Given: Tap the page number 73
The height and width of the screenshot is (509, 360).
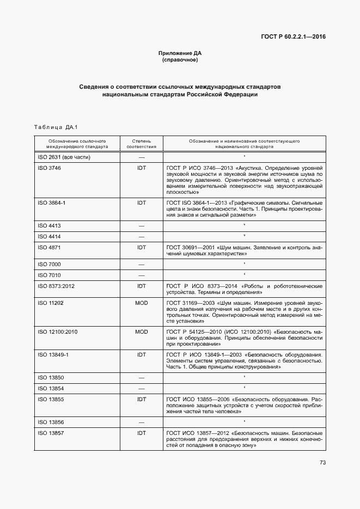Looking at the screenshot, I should click(322, 463).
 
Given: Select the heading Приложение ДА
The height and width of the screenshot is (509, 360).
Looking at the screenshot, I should click(180, 53).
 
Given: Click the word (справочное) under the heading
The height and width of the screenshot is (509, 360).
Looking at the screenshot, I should click(180, 60).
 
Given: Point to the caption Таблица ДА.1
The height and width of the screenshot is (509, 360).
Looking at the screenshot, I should click(56, 127).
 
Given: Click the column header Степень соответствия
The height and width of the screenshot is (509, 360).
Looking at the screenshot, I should click(142, 144).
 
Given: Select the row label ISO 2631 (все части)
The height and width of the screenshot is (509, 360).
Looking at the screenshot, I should click(64, 157).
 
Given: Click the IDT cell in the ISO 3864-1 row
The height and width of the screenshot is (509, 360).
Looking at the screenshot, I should click(142, 203).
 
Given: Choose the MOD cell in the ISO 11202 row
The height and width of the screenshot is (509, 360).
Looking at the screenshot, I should click(142, 303).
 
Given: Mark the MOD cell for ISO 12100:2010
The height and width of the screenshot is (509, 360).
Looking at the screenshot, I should click(142, 332).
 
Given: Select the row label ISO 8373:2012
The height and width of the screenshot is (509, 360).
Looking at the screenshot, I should click(57, 286).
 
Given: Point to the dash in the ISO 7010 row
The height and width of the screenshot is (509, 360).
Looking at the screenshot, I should click(142, 275).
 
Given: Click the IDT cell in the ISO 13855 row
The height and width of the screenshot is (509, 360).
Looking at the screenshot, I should click(142, 399).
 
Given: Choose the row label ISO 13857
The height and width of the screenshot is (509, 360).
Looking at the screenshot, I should click(50, 433).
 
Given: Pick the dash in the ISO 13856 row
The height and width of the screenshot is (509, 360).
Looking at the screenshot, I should click(142, 422).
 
